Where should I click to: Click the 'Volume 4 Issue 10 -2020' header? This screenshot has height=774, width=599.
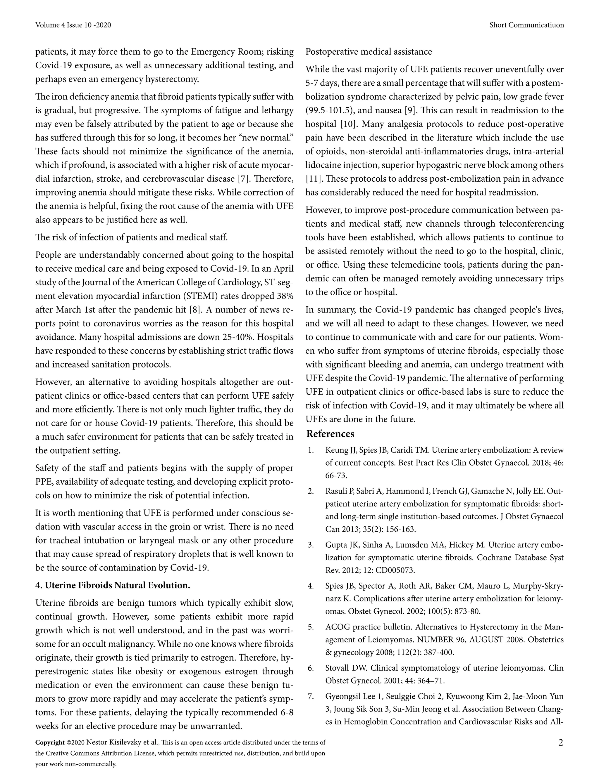click(73, 25)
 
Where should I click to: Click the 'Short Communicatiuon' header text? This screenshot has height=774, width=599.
click(526, 25)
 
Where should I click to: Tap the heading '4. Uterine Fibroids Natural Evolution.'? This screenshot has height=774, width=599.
click(113, 585)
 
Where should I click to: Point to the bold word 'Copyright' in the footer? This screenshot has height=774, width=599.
click(50, 742)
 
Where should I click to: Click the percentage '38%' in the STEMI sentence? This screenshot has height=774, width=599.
click(285, 296)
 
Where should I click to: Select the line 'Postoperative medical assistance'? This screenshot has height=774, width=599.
click(369, 52)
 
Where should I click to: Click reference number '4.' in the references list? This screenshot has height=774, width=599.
click(311, 586)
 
